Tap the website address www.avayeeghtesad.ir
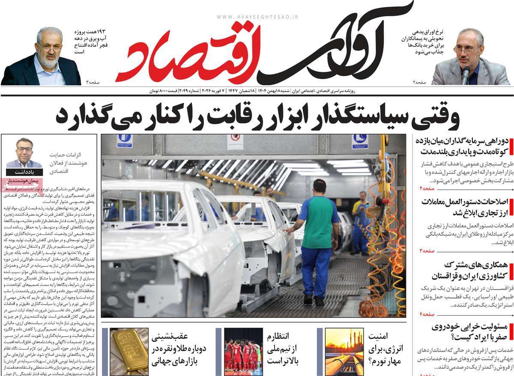click(257, 17)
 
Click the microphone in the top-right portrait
click(466, 75)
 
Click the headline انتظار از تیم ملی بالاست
click(283, 349)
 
